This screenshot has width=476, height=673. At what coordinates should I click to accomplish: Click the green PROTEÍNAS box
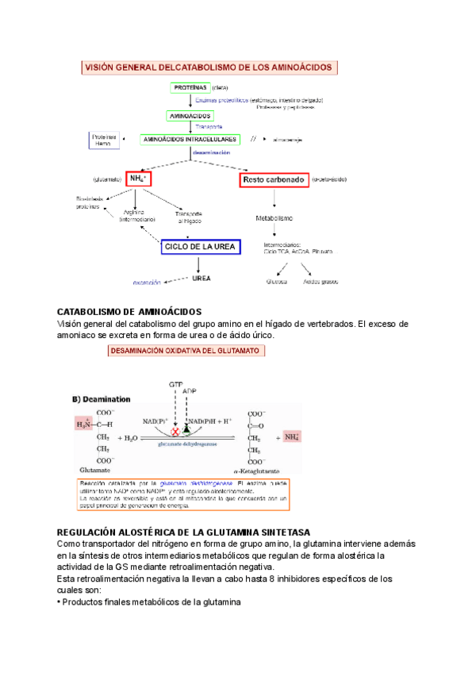coord(189,88)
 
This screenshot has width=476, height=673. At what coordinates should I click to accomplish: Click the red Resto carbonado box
coord(273,180)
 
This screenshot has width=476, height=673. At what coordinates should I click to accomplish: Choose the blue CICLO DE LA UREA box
coord(200,247)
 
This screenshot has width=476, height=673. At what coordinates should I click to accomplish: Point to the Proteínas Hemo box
coord(103,140)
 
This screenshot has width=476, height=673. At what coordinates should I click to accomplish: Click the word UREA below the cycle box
coord(202,279)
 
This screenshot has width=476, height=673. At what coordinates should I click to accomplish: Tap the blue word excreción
coord(148,282)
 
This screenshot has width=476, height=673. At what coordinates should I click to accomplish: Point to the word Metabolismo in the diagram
coord(274,217)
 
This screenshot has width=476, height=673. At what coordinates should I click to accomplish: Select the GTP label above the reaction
coord(176,384)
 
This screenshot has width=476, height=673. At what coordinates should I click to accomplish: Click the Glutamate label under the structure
coord(92,469)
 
